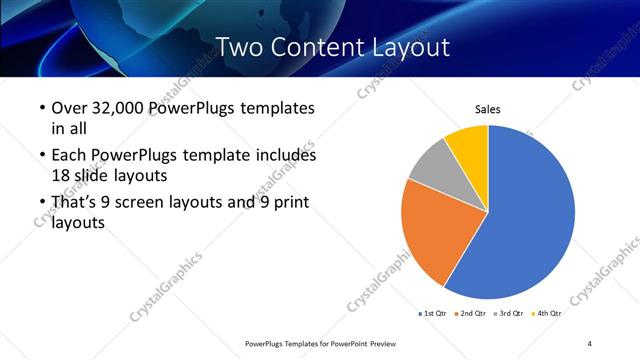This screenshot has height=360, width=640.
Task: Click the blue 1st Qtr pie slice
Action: tap(525, 220)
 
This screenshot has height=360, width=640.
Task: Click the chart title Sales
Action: tap(487, 110)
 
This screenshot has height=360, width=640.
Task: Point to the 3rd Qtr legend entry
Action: tap(512, 314)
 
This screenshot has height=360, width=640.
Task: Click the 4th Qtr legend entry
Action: tap(549, 314)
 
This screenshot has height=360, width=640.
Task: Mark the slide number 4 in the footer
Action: tap(590, 344)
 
